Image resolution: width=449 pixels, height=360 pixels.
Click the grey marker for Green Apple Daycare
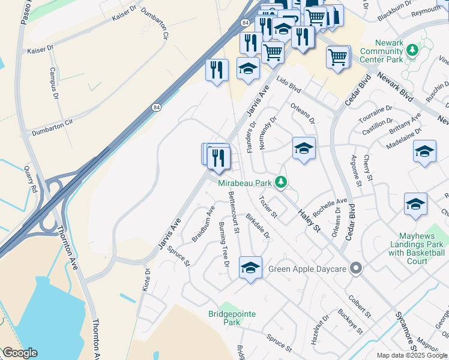click(357, 269)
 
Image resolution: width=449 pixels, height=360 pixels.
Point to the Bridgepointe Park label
click(224, 317)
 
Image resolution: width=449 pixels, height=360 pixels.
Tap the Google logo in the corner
click(20, 353)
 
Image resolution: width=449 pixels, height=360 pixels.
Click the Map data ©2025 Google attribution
click(412, 355)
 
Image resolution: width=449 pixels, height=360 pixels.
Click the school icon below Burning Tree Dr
click(250, 268)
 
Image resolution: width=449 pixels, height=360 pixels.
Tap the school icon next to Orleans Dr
click(304, 148)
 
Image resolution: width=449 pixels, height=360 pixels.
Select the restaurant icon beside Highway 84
click(216, 70)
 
